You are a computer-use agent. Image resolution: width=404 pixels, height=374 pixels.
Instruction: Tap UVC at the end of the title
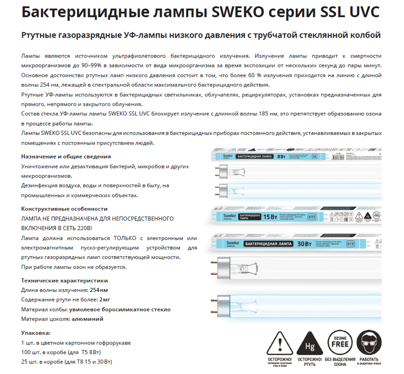tap(362, 12)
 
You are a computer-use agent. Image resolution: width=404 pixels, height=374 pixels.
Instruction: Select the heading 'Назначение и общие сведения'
tap(66, 157)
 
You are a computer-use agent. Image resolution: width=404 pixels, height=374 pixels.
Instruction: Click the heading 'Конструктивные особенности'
tap(65, 209)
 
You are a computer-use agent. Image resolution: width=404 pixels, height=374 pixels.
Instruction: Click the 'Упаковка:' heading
tap(36, 333)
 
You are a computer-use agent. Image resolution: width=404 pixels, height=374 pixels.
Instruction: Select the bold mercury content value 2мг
tap(105, 299)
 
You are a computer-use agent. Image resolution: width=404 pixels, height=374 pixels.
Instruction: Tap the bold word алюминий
tap(88, 319)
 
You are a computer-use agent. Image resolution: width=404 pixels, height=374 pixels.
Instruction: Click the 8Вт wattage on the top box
tap(281, 157)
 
